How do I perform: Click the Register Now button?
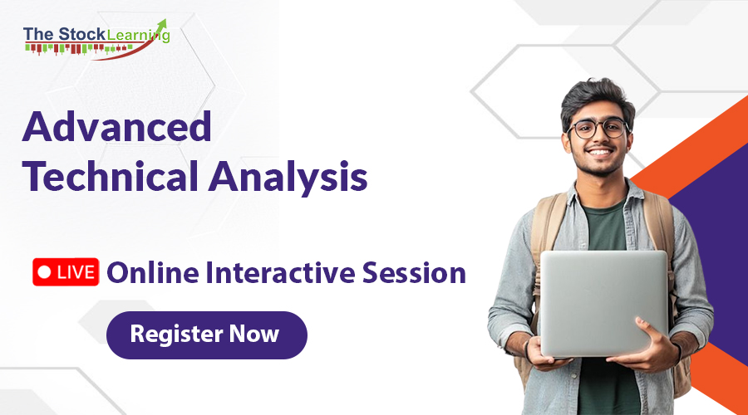[x=206, y=335]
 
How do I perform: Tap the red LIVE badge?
[x=66, y=272]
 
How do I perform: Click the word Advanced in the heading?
[x=116, y=128]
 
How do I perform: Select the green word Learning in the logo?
[x=138, y=34]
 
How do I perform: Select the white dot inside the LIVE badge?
[x=45, y=272]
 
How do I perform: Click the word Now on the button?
[x=255, y=335]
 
